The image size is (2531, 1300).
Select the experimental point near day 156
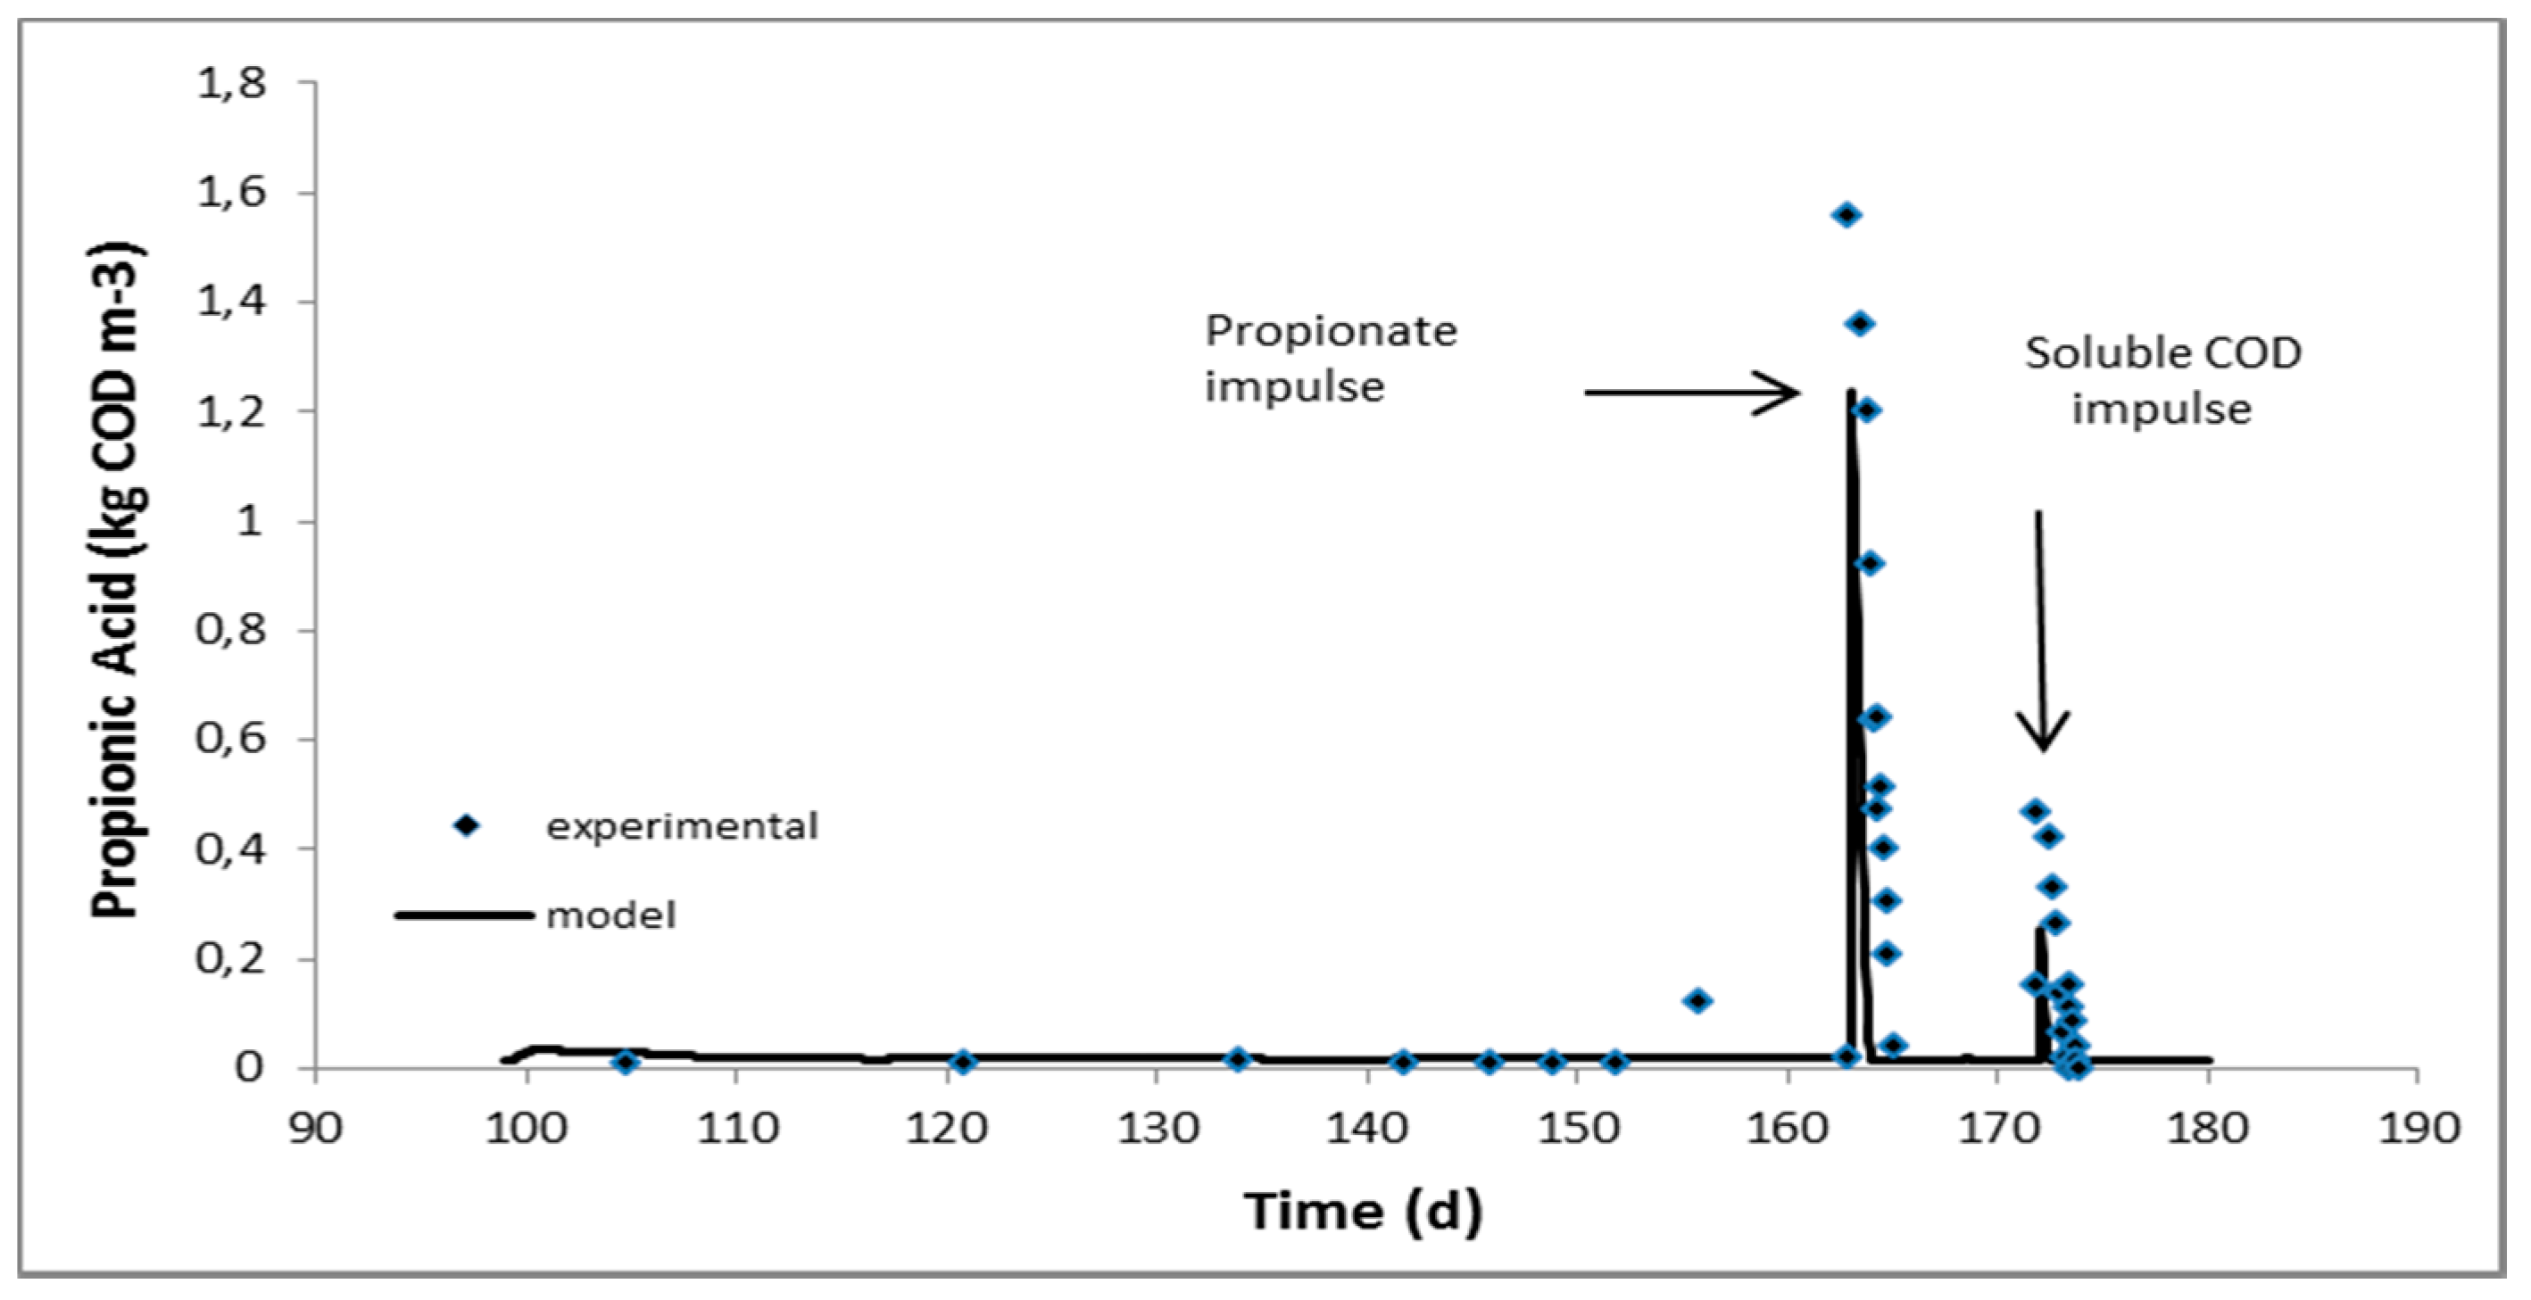click(x=1697, y=1000)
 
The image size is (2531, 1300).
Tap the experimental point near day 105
click(x=625, y=1062)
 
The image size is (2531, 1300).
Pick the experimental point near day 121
click(x=963, y=1062)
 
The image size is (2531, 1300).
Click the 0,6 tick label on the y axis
click(x=232, y=738)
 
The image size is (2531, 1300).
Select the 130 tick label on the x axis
click(x=1158, y=1129)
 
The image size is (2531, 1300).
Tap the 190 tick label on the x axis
click(x=2418, y=1129)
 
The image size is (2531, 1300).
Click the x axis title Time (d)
click(x=1364, y=1211)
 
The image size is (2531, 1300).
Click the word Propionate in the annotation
click(x=1331, y=331)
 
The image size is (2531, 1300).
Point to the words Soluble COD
click(x=2162, y=353)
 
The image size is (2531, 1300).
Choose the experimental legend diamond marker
click(x=468, y=825)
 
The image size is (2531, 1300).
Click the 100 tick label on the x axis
click(x=527, y=1129)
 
